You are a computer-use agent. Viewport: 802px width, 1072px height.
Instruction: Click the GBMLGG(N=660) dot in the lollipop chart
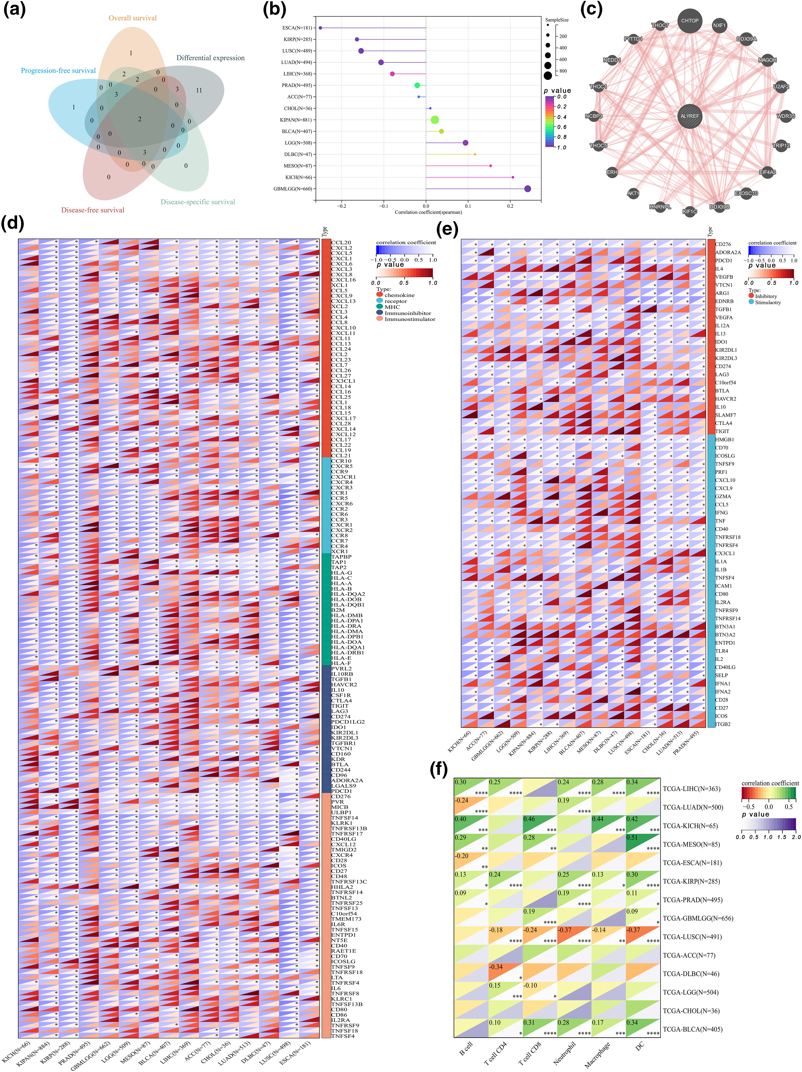point(528,189)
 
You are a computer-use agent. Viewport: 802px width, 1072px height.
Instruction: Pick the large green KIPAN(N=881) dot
point(435,120)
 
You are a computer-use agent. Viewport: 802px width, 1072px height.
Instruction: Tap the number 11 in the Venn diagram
point(199,90)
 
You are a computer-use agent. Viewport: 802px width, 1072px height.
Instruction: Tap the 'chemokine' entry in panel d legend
point(399,295)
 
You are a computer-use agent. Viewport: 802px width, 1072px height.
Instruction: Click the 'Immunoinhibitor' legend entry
point(407,313)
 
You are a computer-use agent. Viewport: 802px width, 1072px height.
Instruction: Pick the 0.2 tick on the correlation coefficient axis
point(510,207)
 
